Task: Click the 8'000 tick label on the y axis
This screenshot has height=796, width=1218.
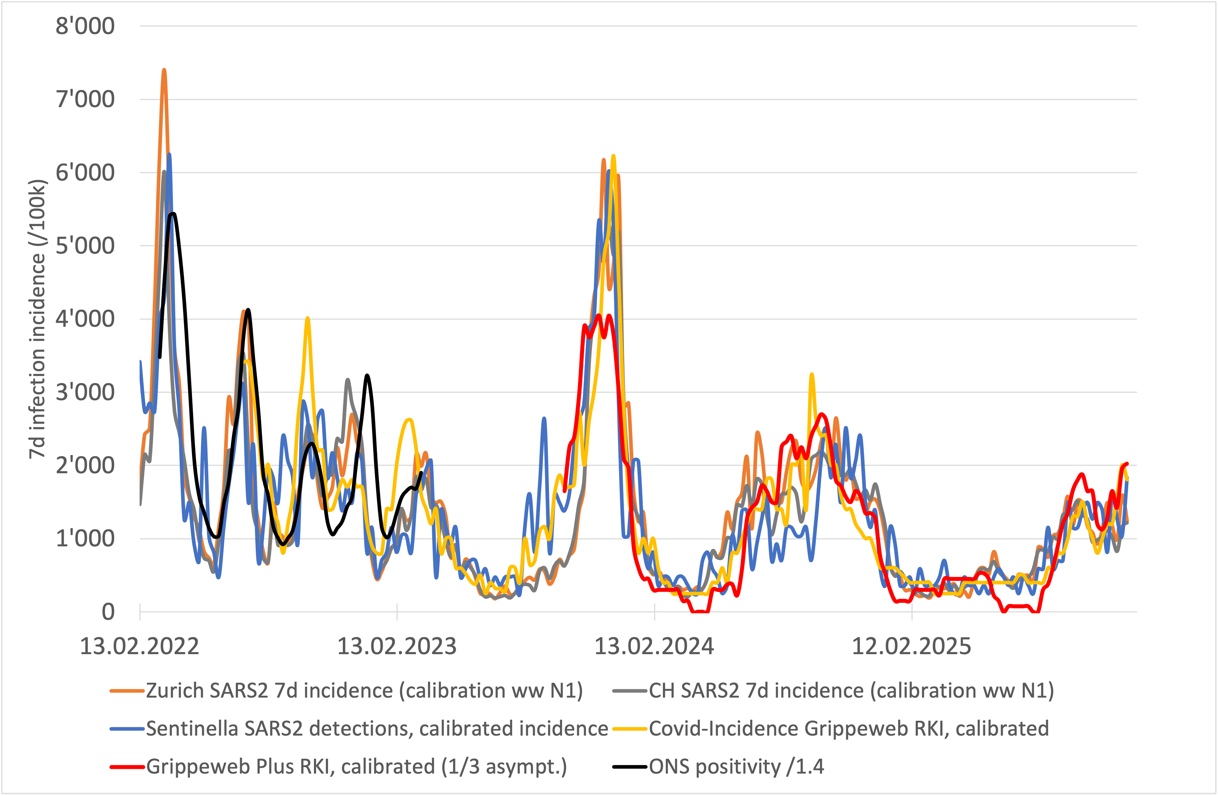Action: (85, 26)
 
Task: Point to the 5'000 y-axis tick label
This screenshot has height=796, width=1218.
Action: (85, 246)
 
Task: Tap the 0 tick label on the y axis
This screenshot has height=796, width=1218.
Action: (108, 612)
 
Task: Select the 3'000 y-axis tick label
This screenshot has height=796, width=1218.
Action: (85, 393)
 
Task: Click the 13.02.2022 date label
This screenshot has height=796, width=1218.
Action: (139, 647)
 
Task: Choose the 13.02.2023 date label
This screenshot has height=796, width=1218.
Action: (397, 647)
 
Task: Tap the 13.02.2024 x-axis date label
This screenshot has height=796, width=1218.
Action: (654, 647)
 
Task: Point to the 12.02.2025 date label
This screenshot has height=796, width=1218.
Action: (911, 647)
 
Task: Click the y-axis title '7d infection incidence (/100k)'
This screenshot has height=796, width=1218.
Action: (37, 319)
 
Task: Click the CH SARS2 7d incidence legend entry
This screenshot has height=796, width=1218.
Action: (851, 691)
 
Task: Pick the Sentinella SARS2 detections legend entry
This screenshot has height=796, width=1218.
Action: (377, 728)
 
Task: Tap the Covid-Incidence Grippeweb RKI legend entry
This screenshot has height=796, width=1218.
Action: (848, 728)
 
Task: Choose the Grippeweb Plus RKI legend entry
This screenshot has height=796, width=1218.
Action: (356, 767)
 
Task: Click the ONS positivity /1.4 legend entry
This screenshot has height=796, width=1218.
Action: (736, 767)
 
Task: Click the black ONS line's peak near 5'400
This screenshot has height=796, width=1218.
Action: (174, 213)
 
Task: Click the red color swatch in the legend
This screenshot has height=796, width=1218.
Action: (127, 767)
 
